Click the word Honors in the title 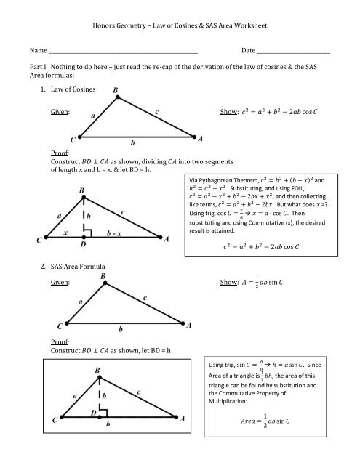105,27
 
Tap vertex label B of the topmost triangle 118,91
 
